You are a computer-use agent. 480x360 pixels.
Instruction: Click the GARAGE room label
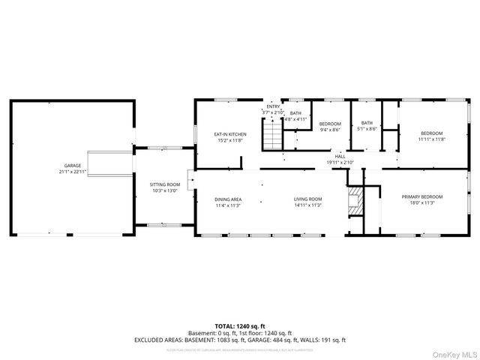pyautogui.click(x=72, y=165)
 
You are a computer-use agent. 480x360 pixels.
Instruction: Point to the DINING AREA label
pyautogui.click(x=228, y=199)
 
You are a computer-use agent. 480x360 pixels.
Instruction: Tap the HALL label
pyautogui.click(x=340, y=156)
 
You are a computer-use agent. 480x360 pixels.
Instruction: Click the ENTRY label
pyautogui.click(x=272, y=106)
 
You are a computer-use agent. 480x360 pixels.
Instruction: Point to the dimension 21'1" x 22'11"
pyautogui.click(x=72, y=172)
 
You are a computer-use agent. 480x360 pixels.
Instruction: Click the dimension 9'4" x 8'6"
pyautogui.click(x=330, y=130)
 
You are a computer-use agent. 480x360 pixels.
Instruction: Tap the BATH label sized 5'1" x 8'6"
pyautogui.click(x=367, y=123)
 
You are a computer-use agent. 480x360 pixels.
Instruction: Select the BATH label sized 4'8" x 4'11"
pyautogui.click(x=295, y=112)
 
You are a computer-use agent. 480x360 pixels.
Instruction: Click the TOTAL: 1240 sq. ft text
pyautogui.click(x=240, y=326)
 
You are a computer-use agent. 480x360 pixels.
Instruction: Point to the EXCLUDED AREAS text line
pyautogui.click(x=240, y=340)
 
